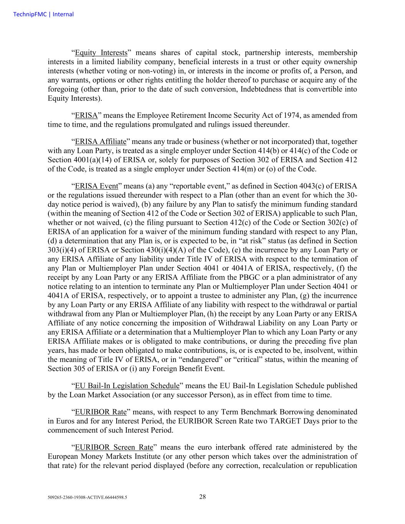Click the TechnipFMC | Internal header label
pyautogui.click(x=43, y=15)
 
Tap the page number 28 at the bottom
pyautogui.click(x=202, y=497)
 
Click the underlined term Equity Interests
pyautogui.click(x=101, y=53)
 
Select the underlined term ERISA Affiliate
pyautogui.click(x=100, y=142)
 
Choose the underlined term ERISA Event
pyautogui.click(x=96, y=186)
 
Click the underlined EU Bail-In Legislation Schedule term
pyautogui.click(x=127, y=386)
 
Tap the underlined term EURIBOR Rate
pyautogui.click(x=101, y=412)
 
